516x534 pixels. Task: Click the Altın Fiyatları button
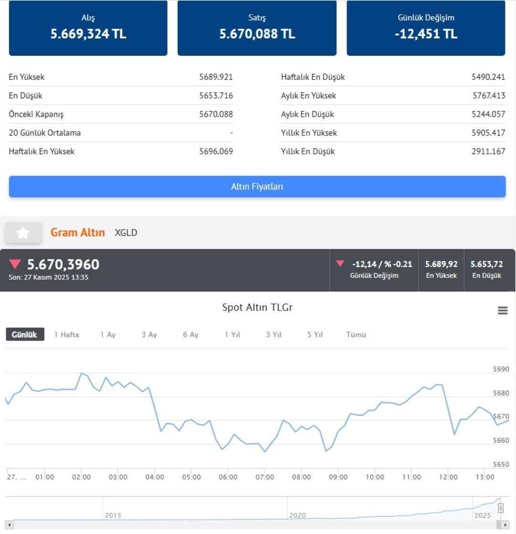pos(257,187)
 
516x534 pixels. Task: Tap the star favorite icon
pos(23,233)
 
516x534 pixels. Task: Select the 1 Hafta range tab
pos(66,335)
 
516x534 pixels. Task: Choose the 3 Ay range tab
pos(149,335)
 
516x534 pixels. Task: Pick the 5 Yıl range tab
pos(315,335)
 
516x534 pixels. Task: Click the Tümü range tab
pos(356,335)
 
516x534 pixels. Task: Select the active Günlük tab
pos(25,334)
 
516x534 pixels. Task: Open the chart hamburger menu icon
pos(503,310)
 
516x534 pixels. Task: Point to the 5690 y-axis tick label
pos(501,369)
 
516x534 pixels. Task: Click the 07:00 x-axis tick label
pos(265,477)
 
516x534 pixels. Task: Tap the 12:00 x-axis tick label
pos(449,477)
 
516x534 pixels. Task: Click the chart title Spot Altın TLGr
pos(257,308)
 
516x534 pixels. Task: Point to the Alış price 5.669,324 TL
pos(88,34)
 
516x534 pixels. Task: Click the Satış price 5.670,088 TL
pos(257,34)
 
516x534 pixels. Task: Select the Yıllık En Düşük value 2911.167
pos(488,151)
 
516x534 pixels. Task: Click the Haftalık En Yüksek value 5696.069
pos(216,151)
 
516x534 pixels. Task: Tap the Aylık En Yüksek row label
pos(308,96)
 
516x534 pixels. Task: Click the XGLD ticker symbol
pos(126,233)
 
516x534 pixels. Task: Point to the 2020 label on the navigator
pos(297,516)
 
